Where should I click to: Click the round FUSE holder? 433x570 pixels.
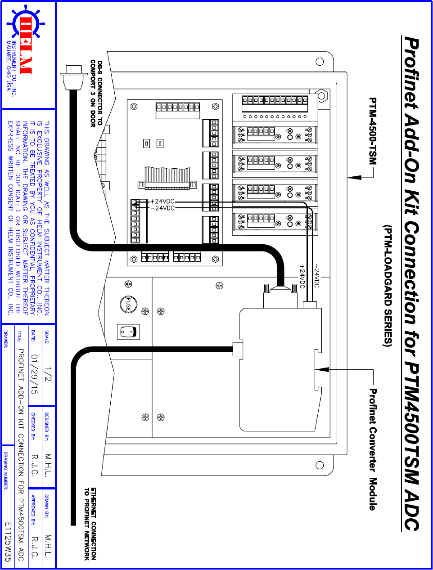coord(128,305)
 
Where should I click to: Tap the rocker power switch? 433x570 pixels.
coord(128,332)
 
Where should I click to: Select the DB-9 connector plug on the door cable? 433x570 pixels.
coord(72,78)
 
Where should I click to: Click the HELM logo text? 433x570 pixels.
coord(26,45)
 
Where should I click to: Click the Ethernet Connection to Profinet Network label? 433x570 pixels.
coord(90,524)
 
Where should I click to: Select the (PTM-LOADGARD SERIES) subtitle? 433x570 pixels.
coord(388,286)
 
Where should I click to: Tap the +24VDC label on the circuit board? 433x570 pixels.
coord(162,202)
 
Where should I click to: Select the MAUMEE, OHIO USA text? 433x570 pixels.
coord(8,65)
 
